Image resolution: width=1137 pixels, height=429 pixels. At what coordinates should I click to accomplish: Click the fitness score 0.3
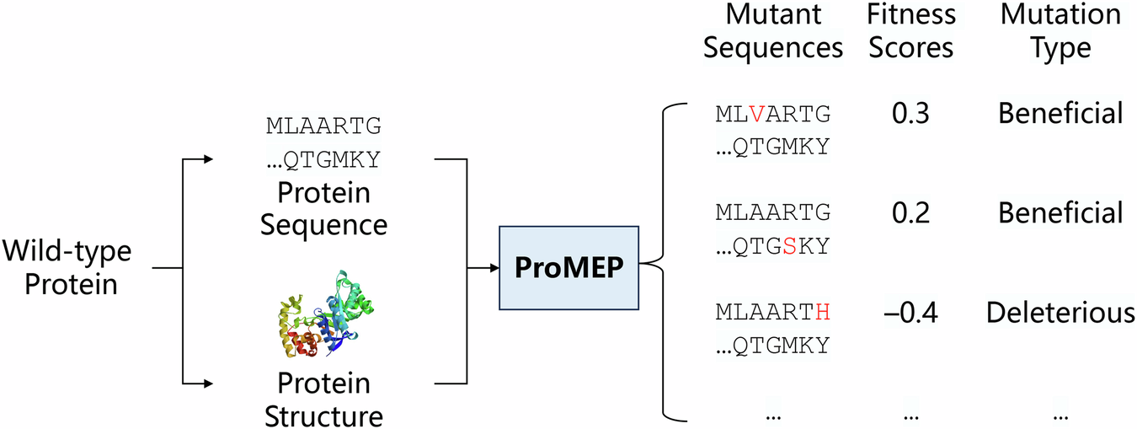(910, 113)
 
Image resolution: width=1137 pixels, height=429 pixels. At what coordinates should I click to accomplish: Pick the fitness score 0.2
(910, 213)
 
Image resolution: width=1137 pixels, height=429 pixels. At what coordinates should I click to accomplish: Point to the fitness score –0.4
(910, 314)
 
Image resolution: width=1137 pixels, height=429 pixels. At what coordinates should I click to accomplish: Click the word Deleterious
(1060, 314)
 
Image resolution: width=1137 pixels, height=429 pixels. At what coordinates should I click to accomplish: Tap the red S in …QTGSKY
(788, 246)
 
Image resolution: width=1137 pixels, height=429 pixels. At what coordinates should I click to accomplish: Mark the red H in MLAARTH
(823, 313)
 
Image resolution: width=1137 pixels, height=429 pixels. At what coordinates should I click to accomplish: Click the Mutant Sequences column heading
(772, 31)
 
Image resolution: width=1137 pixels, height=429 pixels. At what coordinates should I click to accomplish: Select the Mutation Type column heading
(1060, 31)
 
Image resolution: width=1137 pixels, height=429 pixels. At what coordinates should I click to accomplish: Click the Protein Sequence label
(324, 209)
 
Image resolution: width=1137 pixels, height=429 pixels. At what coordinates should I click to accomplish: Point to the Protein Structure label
(324, 400)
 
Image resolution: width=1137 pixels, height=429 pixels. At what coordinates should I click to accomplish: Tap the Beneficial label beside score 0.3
(1060, 113)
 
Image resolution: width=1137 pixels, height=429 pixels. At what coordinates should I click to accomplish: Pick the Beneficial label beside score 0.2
(1060, 213)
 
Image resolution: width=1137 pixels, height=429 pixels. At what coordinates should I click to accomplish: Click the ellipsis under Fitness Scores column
(910, 416)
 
